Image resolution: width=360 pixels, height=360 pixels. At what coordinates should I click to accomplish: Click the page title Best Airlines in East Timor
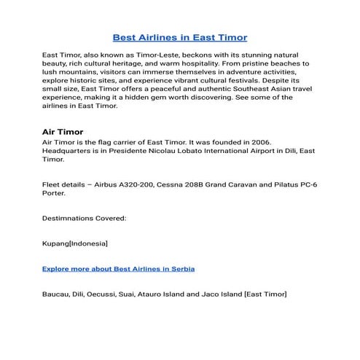[180, 36]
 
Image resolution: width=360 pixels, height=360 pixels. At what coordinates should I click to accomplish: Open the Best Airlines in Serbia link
[118, 268]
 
